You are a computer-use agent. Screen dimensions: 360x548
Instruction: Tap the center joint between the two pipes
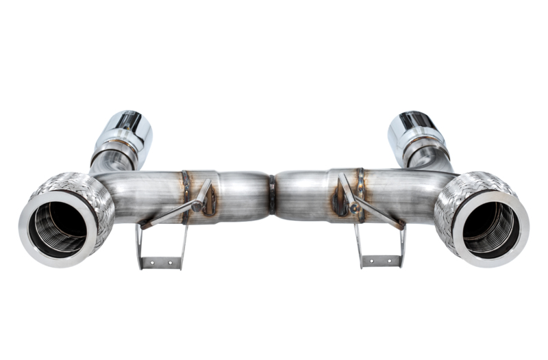point(272,194)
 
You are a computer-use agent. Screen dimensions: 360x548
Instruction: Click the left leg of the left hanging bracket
point(140,243)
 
